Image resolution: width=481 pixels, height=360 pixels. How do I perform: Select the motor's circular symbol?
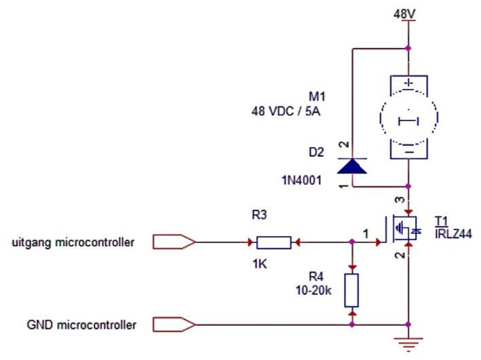(x=381, y=117)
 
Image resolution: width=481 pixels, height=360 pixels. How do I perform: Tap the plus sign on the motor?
(x=409, y=83)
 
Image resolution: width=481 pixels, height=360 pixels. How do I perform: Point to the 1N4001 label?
(x=301, y=180)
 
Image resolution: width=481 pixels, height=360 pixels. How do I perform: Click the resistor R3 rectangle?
(x=273, y=243)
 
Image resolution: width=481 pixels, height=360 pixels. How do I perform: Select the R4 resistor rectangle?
(x=351, y=290)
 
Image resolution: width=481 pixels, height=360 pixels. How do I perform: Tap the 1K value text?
(x=260, y=264)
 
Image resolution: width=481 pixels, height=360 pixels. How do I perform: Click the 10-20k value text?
(x=313, y=290)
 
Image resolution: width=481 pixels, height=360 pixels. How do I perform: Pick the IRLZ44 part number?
(x=453, y=234)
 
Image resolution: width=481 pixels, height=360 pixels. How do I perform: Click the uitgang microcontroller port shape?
(x=174, y=242)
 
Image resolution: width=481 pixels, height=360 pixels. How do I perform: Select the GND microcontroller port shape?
(x=174, y=325)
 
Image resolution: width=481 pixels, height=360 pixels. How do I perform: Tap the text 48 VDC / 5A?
(x=286, y=111)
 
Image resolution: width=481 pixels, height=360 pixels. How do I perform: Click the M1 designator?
(x=317, y=96)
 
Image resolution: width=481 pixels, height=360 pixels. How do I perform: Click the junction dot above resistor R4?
(x=352, y=242)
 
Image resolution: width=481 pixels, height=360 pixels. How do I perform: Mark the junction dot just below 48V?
(x=408, y=48)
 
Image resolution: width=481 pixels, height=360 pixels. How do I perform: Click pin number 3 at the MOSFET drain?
(x=400, y=199)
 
